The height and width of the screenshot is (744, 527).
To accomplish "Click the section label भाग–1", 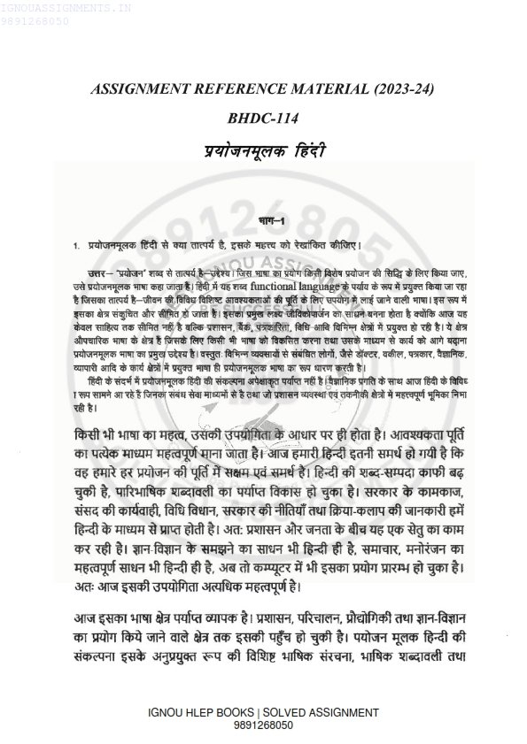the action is (x=264, y=219).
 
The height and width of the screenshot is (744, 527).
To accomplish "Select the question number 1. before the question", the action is (x=77, y=242).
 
